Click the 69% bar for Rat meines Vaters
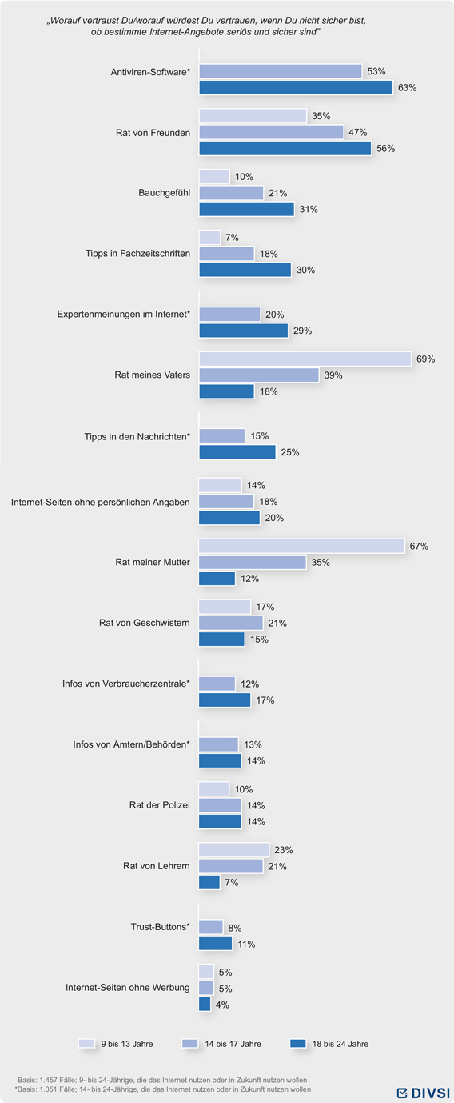305,359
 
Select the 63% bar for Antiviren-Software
296,88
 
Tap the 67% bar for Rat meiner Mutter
301,546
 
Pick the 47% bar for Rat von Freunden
271,132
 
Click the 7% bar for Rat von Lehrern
209,882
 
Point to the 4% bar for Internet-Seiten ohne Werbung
205,1004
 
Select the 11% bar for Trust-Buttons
216,944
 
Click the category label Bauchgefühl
165,193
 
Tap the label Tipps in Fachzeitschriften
137,253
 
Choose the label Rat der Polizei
159,805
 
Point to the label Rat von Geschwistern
144,623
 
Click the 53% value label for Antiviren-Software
376,71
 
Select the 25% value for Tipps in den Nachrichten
289,452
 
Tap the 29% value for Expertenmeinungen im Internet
302,331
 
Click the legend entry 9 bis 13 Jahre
116,1044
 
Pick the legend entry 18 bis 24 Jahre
329,1044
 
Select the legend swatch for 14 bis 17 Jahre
190,1044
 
